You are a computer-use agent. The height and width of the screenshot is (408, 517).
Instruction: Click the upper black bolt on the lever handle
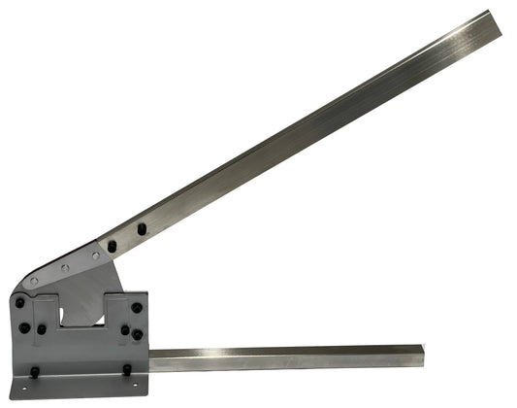tap(142, 229)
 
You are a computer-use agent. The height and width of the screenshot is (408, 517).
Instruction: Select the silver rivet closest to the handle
tap(95, 255)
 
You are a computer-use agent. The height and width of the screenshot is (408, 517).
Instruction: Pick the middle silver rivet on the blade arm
tap(64, 268)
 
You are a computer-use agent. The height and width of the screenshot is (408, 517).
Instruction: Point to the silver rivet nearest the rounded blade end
tap(34, 282)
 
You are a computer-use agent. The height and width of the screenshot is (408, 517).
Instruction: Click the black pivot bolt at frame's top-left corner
tap(20, 302)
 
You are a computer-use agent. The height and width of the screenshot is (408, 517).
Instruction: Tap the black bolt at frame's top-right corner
tap(137, 307)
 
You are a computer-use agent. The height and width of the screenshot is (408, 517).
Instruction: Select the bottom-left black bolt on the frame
tap(35, 372)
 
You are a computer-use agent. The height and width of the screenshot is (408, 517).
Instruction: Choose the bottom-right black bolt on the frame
tap(126, 370)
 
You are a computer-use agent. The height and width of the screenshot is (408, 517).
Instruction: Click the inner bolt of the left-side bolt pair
tap(41, 328)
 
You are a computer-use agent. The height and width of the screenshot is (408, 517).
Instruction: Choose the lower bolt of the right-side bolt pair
tap(137, 335)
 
